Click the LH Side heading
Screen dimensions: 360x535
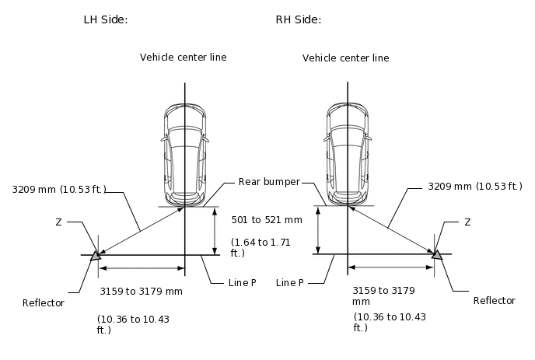point(106,19)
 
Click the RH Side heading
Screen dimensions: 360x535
point(299,19)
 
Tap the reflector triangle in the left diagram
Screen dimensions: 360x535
point(96,254)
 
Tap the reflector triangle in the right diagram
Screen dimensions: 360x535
point(436,254)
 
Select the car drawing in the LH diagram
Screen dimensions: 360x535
point(184,152)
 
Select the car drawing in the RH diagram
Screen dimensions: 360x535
point(346,152)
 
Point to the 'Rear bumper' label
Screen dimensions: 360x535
point(268,181)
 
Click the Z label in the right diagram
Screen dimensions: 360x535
point(467,222)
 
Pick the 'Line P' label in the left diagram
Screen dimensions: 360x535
point(242,283)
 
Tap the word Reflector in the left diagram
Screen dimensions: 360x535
point(44,302)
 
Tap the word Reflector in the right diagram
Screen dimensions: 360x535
point(494,300)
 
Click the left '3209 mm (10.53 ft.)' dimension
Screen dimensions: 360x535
point(59,188)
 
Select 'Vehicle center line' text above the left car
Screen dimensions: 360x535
point(183,57)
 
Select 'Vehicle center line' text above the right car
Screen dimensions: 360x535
point(345,58)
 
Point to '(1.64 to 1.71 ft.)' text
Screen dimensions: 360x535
point(261,247)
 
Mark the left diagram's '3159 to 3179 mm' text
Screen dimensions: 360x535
point(141,292)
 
